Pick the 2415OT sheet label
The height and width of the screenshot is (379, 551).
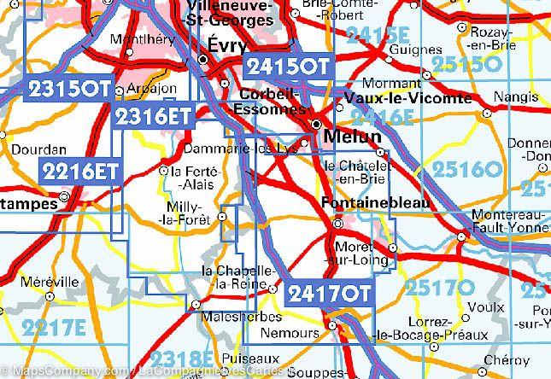point(286,67)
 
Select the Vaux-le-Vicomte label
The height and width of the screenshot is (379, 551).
point(410,99)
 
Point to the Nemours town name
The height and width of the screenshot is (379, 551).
point(300,328)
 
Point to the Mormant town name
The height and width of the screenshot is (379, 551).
point(384,84)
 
